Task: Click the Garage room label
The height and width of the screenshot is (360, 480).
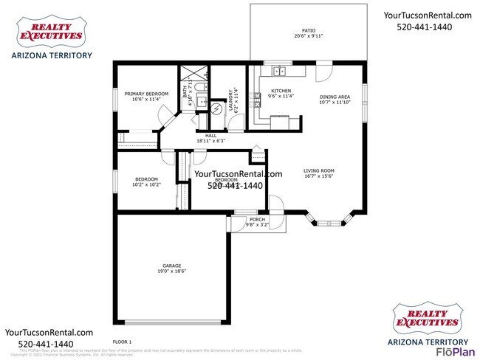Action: click(x=171, y=266)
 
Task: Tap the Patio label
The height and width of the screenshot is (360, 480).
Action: click(x=308, y=30)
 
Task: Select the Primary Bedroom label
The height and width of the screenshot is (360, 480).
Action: click(x=146, y=94)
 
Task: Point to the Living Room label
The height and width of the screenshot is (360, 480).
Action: click(x=319, y=171)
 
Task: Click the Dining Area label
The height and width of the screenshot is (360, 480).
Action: click(x=334, y=97)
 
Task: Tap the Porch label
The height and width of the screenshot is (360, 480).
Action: click(x=257, y=219)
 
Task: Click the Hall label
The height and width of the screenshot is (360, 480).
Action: click(x=210, y=136)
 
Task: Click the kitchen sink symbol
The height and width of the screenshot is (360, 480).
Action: click(x=280, y=72)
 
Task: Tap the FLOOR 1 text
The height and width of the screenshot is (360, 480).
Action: click(x=121, y=342)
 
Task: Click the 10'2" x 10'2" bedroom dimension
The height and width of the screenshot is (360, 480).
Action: click(x=146, y=185)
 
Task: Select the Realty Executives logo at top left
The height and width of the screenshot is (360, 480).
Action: click(x=50, y=32)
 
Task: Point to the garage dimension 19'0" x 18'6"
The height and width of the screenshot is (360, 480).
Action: click(x=171, y=271)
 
